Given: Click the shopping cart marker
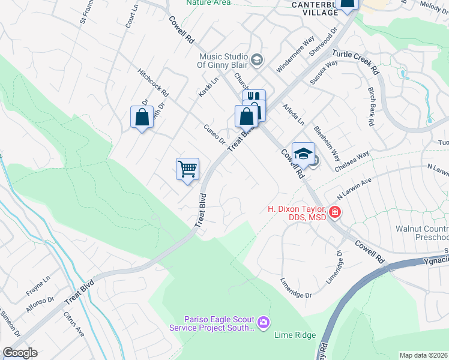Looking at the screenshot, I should [187, 169].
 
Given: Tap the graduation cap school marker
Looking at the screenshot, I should [303, 152].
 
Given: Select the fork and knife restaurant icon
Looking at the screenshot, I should [254, 97].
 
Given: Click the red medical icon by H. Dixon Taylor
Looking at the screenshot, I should [334, 212].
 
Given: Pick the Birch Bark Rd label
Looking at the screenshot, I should [372, 107].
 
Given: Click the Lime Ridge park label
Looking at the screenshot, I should [295, 335].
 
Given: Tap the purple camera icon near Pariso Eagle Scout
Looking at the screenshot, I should [263, 323].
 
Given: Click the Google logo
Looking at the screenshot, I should [20, 353].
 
